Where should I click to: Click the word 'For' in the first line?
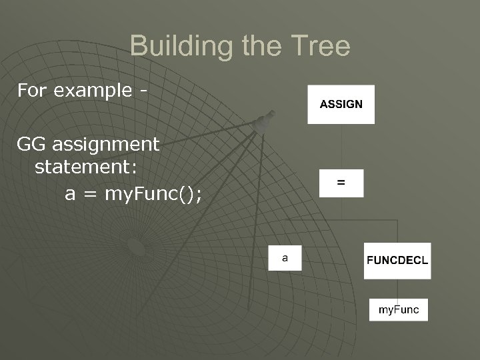[x=32, y=90]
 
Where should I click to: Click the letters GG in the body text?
[x=31, y=144]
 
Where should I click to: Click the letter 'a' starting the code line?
[x=70, y=194]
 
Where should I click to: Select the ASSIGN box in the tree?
[x=341, y=104]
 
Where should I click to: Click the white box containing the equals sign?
[x=341, y=183]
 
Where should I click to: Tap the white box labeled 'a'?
[x=285, y=257]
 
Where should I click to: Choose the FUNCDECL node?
[x=397, y=261]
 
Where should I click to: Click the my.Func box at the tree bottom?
[x=399, y=309]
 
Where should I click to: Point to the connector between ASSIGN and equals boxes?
[x=341, y=147]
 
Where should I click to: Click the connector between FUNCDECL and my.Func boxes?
[x=397, y=288]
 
